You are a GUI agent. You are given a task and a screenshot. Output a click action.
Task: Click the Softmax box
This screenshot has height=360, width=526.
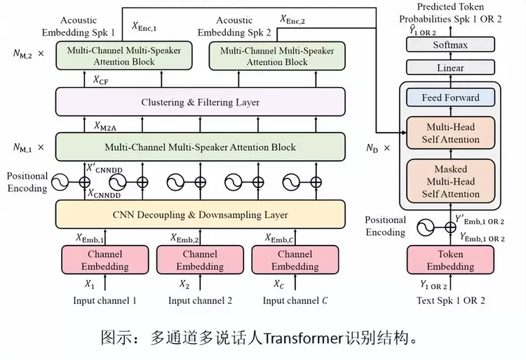[450, 45]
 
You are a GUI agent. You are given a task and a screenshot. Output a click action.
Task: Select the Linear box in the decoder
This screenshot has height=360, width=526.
[450, 68]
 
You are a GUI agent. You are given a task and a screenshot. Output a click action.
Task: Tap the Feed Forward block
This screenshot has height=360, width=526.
[450, 98]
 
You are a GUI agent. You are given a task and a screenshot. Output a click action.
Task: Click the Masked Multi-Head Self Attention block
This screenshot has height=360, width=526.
[450, 182]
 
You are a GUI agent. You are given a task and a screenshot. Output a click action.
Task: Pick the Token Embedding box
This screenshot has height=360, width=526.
[450, 260]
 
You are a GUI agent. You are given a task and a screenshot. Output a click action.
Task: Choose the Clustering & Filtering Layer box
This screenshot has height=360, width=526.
[200, 102]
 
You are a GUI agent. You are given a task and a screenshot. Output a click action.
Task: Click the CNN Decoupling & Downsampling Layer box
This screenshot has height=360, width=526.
[200, 214]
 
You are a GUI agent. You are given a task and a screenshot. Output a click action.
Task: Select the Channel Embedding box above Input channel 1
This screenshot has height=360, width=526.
[104, 260]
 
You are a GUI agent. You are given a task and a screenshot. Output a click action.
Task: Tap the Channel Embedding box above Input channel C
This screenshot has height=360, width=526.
[295, 260]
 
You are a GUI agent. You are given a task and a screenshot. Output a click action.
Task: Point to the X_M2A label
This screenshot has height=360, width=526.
[107, 126]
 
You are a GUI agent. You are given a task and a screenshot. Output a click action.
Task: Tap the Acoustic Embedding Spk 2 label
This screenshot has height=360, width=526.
[234, 27]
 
